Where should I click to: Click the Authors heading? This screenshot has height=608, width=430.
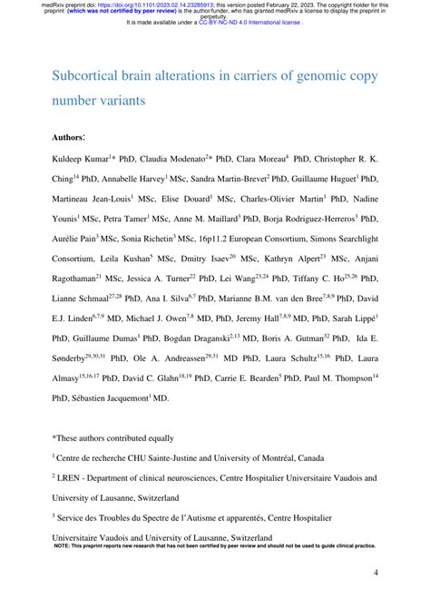point(70,137)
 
